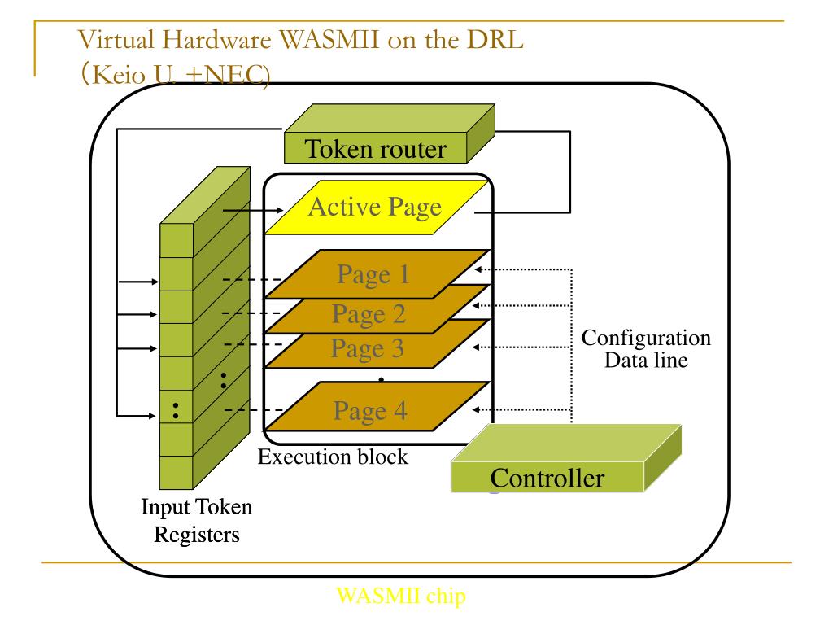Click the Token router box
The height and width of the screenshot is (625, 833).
(390, 133)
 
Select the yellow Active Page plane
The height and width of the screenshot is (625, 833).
(376, 208)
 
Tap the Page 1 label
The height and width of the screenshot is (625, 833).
(373, 275)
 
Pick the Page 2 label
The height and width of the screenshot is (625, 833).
(369, 314)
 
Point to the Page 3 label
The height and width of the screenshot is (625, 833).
(368, 348)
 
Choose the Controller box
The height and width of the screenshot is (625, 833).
(566, 458)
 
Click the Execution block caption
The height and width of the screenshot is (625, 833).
(333, 457)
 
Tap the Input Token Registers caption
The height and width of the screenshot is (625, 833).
(197, 520)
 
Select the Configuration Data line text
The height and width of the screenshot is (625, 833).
(646, 348)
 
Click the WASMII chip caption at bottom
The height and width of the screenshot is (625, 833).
(401, 596)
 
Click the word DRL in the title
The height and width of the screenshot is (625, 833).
(495, 39)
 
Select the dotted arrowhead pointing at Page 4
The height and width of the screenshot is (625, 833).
(477, 410)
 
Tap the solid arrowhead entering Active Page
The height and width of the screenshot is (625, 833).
(280, 211)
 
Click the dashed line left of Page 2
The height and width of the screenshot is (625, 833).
(251, 313)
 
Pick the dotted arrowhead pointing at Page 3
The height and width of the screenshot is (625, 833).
(477, 347)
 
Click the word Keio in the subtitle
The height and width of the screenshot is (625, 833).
(119, 74)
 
